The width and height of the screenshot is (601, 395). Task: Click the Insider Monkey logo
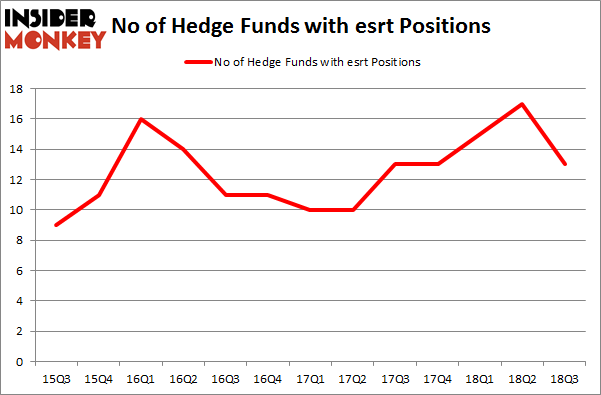[55, 27]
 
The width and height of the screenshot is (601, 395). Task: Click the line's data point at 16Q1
[141, 119]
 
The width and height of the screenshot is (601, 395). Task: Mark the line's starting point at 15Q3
[55, 225]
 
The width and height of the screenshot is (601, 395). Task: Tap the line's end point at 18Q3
[565, 164]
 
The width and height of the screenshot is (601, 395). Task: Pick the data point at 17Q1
[310, 210]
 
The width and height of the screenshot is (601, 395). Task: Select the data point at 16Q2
[183, 149]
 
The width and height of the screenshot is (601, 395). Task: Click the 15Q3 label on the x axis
[55, 378]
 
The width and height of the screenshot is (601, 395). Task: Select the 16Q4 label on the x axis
[268, 378]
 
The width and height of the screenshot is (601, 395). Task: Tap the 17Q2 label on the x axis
[353, 378]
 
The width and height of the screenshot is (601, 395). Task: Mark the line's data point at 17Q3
[395, 164]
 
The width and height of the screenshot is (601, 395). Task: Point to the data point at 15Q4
[98, 195]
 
